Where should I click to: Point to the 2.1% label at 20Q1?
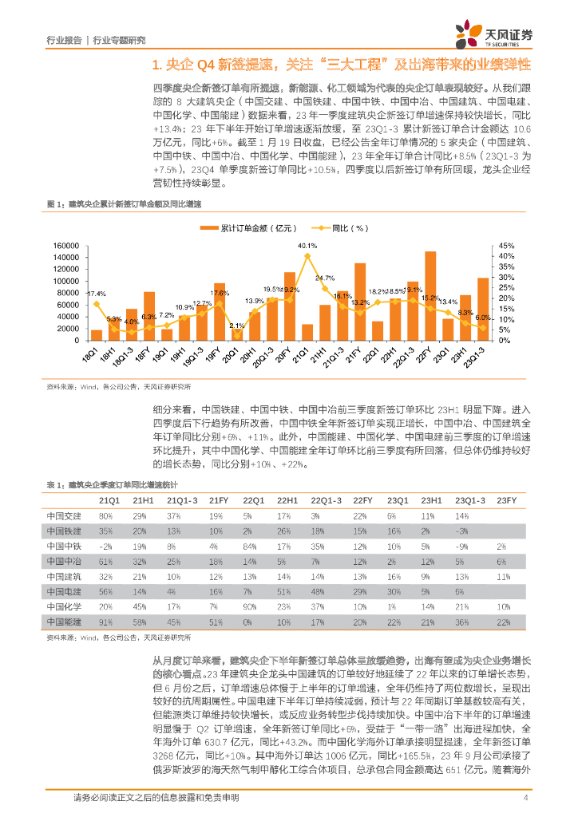(236, 326)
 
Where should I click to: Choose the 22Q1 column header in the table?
(254, 499)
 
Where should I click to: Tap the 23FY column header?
(506, 499)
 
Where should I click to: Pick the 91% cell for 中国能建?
(105, 621)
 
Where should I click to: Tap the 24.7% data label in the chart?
(325, 278)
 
